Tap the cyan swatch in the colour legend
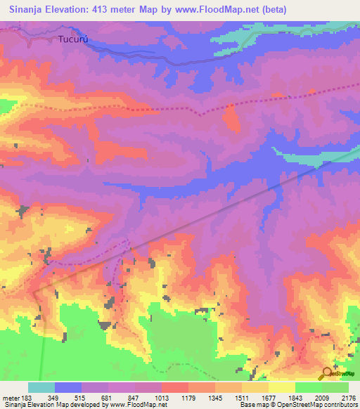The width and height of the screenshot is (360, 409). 41,387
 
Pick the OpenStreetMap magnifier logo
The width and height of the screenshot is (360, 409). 328,373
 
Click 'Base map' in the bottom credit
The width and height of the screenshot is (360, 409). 254,405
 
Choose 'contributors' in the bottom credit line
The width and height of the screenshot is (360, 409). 339,405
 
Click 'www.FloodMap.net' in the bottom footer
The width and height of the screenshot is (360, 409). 133,405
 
